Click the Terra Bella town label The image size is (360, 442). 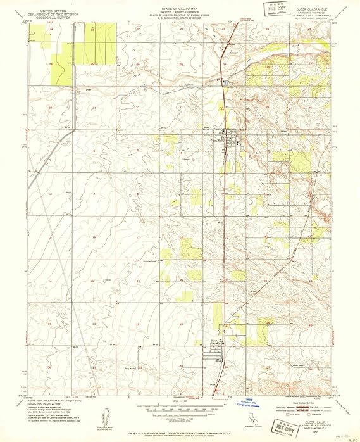219,141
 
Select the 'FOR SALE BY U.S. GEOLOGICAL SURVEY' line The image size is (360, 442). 180,433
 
